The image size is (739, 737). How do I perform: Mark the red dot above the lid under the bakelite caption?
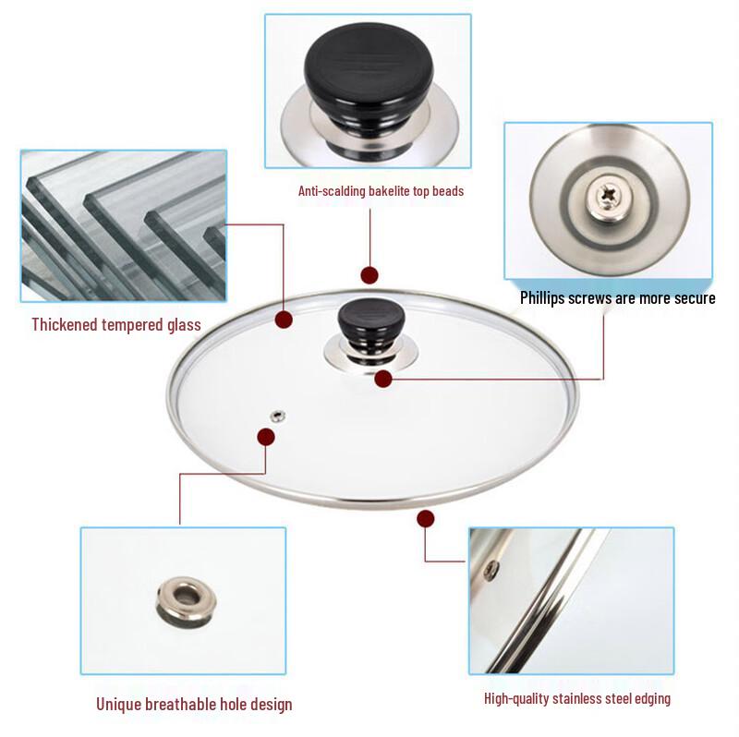click(369, 274)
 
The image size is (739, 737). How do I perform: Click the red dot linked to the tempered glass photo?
click(284, 320)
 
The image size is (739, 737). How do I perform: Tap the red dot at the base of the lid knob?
click(383, 377)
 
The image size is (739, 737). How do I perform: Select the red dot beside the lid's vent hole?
click(266, 436)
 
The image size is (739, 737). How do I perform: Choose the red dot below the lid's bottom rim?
click(426, 518)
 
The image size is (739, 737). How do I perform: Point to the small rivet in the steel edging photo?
click(492, 568)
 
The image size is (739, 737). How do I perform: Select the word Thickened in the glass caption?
click(65, 324)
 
